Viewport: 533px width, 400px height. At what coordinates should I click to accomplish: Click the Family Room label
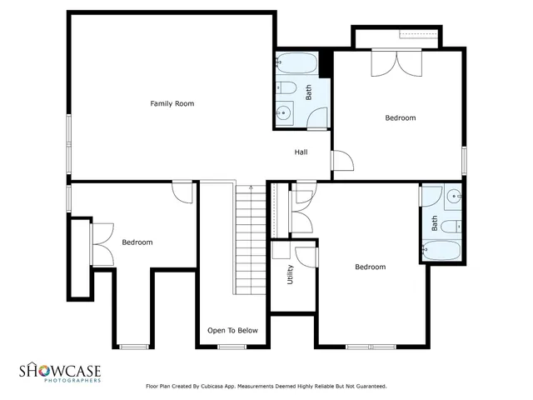click(x=172, y=103)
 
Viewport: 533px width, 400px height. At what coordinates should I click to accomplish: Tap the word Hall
click(x=301, y=152)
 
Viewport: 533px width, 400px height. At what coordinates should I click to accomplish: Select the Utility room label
click(x=290, y=275)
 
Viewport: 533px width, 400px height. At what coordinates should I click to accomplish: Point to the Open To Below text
click(x=232, y=331)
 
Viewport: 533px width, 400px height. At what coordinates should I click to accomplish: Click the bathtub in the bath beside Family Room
click(x=296, y=63)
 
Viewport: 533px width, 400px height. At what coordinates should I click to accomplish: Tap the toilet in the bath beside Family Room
click(x=286, y=87)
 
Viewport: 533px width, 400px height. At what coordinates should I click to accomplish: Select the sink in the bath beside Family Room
click(x=285, y=112)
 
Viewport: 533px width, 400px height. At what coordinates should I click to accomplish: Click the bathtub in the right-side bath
click(x=441, y=250)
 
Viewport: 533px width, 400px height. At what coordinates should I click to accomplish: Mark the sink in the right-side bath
click(x=453, y=197)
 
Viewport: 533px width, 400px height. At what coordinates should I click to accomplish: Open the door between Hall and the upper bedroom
click(x=341, y=160)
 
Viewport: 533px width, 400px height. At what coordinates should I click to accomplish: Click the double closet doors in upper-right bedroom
click(x=397, y=63)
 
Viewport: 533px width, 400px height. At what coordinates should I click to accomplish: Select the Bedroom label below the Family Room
click(x=137, y=242)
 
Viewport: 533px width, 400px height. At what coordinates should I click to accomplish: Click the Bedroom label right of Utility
click(x=370, y=267)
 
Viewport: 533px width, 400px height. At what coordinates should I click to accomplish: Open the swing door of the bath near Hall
click(x=317, y=118)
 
